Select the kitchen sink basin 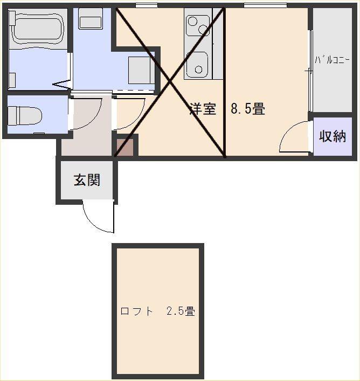click(x=197, y=65)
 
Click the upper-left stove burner click(x=193, y=22)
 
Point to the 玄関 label click(x=87, y=180)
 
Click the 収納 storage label click(x=333, y=136)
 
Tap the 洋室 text click(x=203, y=108)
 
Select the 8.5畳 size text click(x=248, y=108)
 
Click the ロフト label click(x=137, y=311)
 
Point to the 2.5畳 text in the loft click(x=181, y=311)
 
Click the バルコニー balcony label click(x=332, y=60)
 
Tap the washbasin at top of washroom click(x=90, y=19)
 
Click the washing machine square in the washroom click(x=141, y=70)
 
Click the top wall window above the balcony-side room click(x=265, y=5)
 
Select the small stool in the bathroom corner click(x=12, y=80)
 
